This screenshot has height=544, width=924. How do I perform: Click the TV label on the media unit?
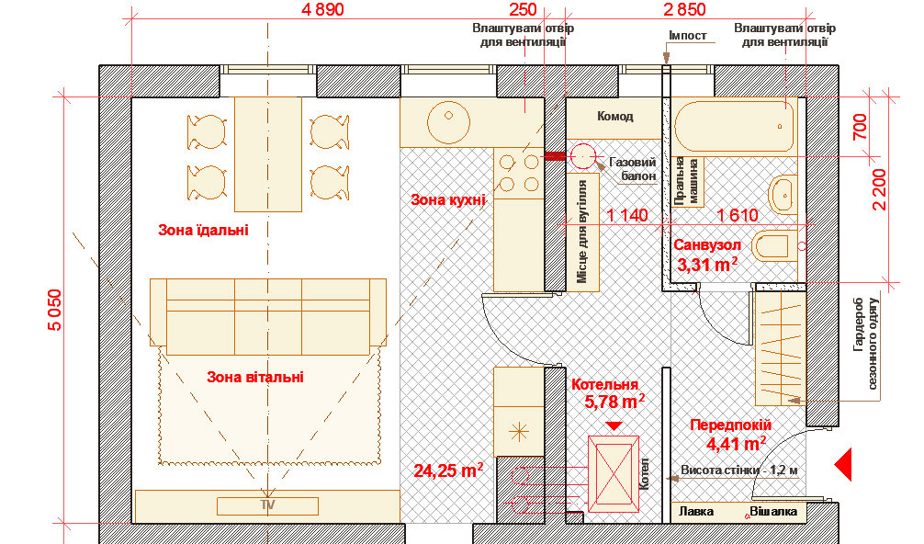pyautogui.click(x=268, y=505)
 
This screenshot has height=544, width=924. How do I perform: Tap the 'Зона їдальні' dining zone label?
pyautogui.click(x=203, y=230)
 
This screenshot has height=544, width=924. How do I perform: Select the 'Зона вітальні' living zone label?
pyautogui.click(x=255, y=377)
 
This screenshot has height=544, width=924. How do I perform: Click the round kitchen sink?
pyautogui.click(x=448, y=122)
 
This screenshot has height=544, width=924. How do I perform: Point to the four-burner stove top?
pyautogui.click(x=519, y=174)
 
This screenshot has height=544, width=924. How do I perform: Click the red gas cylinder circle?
pyautogui.click(x=583, y=157)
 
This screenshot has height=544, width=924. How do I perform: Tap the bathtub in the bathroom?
pyautogui.click(x=734, y=125)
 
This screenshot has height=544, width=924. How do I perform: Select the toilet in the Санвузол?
pyautogui.click(x=778, y=245)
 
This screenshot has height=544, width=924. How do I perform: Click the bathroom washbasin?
pyautogui.click(x=782, y=194)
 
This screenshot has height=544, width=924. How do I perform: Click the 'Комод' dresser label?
pyautogui.click(x=615, y=116)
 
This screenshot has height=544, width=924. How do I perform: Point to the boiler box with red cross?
pyautogui.click(x=614, y=474)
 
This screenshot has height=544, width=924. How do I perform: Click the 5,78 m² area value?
pyautogui.click(x=614, y=402)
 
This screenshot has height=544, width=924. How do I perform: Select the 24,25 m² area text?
pyautogui.click(x=448, y=470)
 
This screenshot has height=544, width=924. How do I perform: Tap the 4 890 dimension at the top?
pyautogui.click(x=322, y=9)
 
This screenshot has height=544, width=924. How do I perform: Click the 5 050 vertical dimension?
pyautogui.click(x=54, y=310)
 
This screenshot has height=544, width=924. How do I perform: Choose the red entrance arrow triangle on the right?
pyautogui.click(x=843, y=464)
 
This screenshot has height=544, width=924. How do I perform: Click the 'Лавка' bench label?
pyautogui.click(x=696, y=511)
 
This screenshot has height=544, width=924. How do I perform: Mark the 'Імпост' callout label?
pyautogui.click(x=688, y=35)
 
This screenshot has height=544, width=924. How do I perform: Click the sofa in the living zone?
pyautogui.click(x=268, y=316)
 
